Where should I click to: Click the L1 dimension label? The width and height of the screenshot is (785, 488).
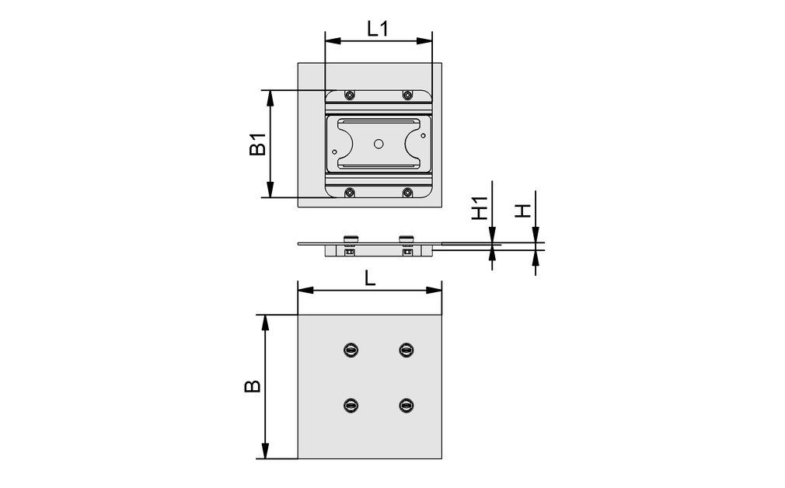point(378,29)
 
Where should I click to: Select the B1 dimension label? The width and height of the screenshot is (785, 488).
point(257,145)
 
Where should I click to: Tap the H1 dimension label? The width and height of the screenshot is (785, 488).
point(481,208)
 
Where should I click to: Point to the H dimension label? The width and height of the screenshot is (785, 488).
point(525,211)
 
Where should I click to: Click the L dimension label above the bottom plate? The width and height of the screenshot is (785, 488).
point(371,279)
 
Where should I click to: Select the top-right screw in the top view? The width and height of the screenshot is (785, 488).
point(407,95)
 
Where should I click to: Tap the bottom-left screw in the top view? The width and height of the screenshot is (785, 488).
point(350,192)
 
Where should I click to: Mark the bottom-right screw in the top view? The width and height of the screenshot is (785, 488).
point(407,192)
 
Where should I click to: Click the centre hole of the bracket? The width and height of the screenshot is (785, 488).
point(379,144)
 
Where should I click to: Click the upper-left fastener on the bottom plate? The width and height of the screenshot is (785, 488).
point(351,350)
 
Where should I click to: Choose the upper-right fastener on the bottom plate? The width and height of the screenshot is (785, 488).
point(406,350)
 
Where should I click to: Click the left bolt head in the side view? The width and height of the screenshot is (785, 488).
point(351,238)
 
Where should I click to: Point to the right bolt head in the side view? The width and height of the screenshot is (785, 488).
point(406,238)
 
